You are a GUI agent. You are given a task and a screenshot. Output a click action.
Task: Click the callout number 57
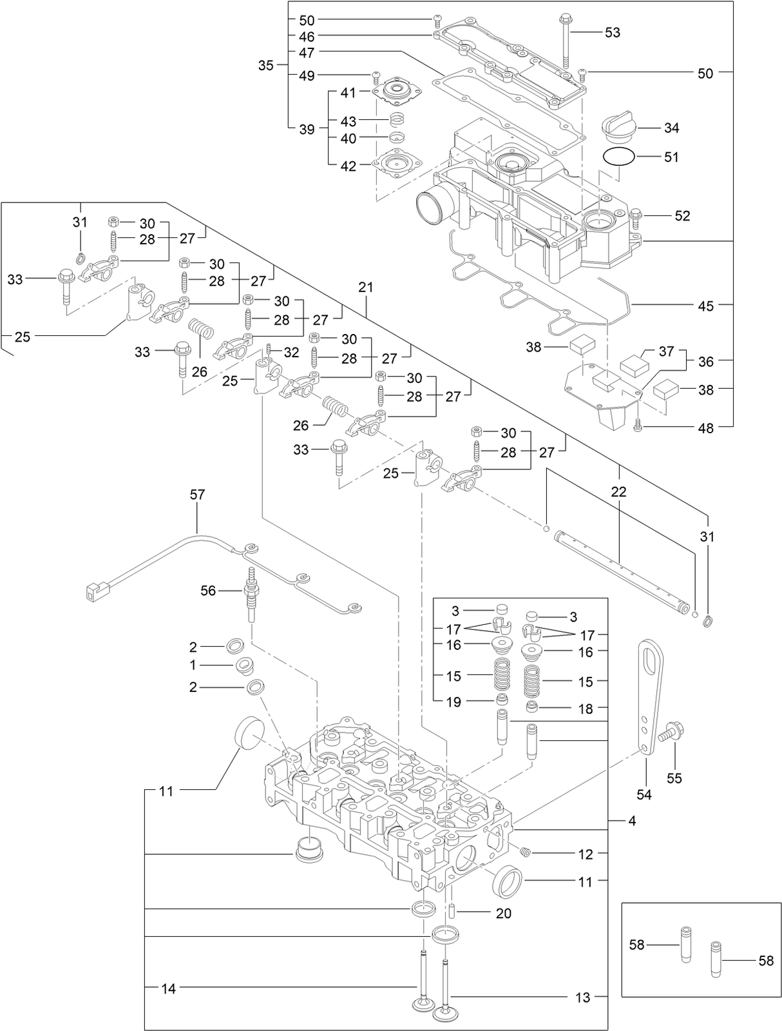[x=197, y=495]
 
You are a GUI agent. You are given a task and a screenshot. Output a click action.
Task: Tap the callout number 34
[x=671, y=128]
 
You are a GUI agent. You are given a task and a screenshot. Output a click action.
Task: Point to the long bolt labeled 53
[x=566, y=40]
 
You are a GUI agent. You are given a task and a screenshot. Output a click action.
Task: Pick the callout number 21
[x=366, y=288]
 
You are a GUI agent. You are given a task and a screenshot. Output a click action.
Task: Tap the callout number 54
[x=644, y=794]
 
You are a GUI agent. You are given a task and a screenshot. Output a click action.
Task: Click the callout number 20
[x=503, y=913]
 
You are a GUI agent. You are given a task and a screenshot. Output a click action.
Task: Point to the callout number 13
[x=582, y=997]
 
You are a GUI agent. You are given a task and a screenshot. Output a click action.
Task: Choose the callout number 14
[x=168, y=988]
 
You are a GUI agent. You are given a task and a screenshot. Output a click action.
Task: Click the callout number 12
[x=585, y=854]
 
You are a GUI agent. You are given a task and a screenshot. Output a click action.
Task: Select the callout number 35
[x=266, y=65]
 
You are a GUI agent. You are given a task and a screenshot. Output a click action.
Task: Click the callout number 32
[x=291, y=352]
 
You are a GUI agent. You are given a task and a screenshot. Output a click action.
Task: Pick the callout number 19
[x=453, y=702]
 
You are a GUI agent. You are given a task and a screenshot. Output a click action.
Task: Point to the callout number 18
[x=585, y=709]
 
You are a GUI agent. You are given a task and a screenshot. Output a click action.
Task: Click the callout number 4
[x=632, y=821]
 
